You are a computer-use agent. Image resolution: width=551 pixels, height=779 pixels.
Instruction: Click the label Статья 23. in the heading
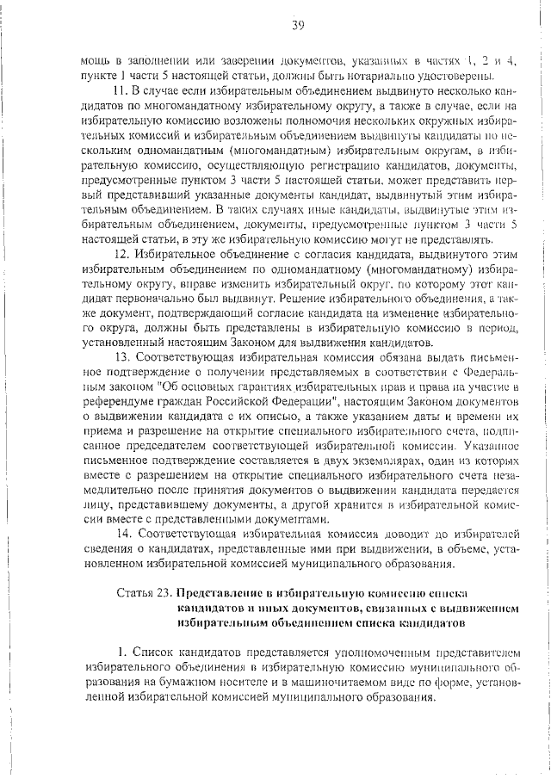tap(143, 594)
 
